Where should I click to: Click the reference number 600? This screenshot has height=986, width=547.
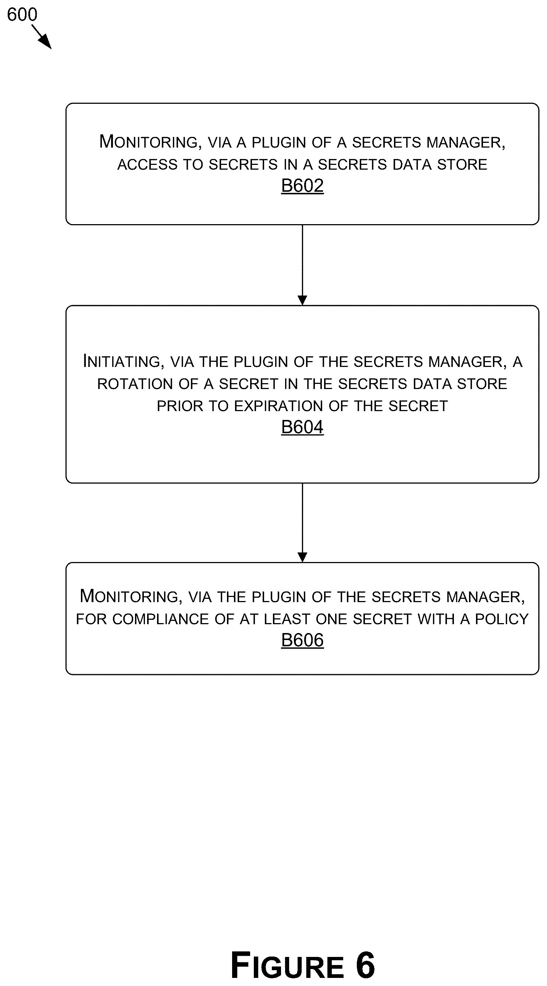point(22,15)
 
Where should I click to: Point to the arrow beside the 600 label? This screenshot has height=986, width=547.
point(42,37)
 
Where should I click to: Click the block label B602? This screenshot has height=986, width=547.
point(302,185)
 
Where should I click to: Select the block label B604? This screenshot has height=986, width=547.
point(302,427)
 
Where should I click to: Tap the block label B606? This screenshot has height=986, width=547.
point(302,640)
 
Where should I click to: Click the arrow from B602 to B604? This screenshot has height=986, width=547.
point(302,265)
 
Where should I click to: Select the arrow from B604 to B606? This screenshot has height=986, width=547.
point(302,523)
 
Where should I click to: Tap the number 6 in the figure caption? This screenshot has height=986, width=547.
point(365,965)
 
